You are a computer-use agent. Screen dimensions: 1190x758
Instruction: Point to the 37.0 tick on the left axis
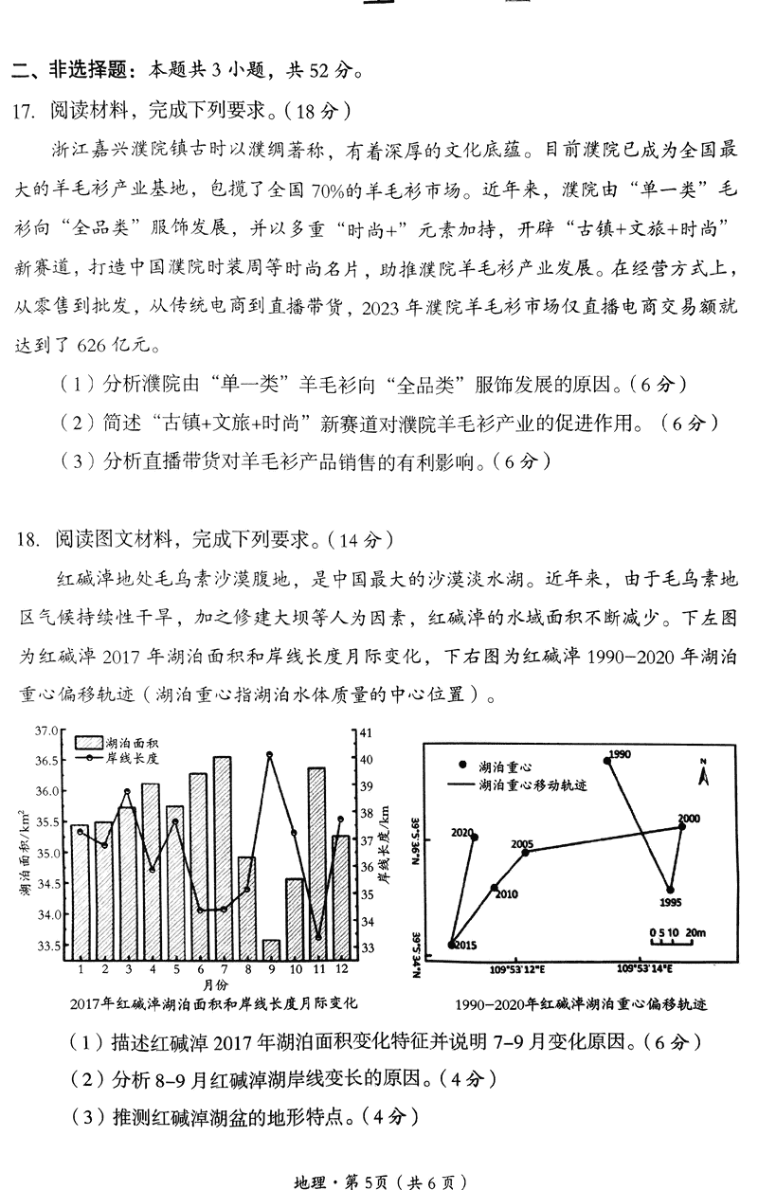(46, 730)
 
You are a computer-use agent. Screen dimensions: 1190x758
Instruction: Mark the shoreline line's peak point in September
(270, 754)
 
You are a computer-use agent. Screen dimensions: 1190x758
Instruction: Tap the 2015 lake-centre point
(452, 944)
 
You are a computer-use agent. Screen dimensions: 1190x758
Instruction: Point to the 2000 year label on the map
(688, 819)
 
